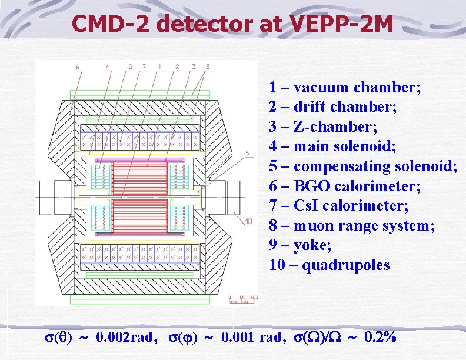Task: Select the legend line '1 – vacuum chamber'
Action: [345, 88]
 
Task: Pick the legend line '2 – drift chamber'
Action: [333, 108]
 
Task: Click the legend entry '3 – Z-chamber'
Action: [323, 127]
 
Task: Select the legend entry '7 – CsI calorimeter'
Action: [339, 206]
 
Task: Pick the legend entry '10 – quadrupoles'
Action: [329, 265]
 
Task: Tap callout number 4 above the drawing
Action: [107, 67]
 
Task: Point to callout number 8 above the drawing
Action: [208, 67]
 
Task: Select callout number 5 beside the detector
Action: [247, 154]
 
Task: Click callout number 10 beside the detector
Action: [248, 222]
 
